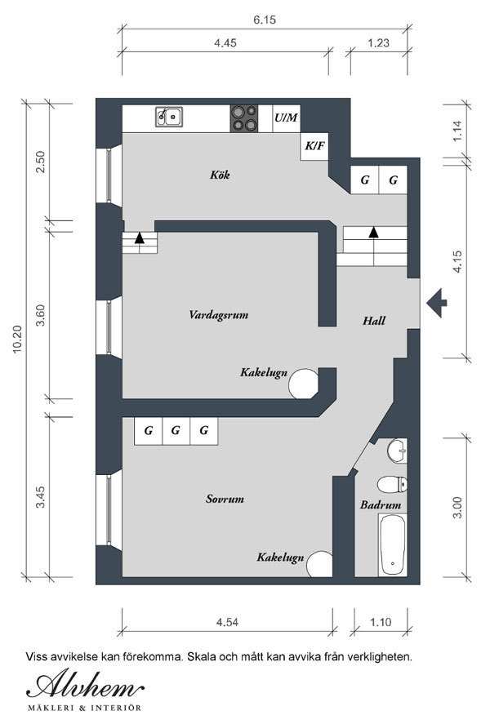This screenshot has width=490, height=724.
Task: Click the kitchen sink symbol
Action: pyautogui.click(x=169, y=117)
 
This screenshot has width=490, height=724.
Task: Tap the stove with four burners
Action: pyautogui.click(x=244, y=118)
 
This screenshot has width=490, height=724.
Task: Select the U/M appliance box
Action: pyautogui.click(x=287, y=118)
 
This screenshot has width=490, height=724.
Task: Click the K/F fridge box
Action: pyautogui.click(x=314, y=146)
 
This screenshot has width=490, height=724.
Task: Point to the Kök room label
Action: pyautogui.click(x=220, y=175)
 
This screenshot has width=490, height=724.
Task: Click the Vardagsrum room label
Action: pyautogui.click(x=218, y=315)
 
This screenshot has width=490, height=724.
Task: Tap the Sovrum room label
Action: pyautogui.click(x=225, y=499)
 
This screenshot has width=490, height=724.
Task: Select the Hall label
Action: pyautogui.click(x=374, y=321)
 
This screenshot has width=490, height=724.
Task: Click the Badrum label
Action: pyautogui.click(x=381, y=504)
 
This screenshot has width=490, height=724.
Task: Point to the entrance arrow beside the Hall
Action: pyautogui.click(x=436, y=303)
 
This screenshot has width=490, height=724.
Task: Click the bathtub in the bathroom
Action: pyautogui.click(x=393, y=545)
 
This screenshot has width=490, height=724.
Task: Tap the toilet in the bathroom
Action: pyautogui.click(x=392, y=485)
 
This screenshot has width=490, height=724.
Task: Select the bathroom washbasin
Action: pyautogui.click(x=397, y=451)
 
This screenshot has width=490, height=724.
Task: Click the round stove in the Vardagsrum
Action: pyautogui.click(x=304, y=384)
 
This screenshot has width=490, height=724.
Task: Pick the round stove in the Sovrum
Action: pyautogui.click(x=319, y=564)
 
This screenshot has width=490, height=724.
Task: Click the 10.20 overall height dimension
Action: pyautogui.click(x=17, y=340)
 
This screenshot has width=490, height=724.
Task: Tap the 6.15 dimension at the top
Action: pyautogui.click(x=265, y=20)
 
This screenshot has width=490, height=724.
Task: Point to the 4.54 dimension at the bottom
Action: pyautogui.click(x=227, y=622)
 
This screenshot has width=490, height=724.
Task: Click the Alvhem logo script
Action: pyautogui.click(x=86, y=685)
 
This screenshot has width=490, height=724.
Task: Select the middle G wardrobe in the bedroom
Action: pyautogui.click(x=176, y=431)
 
